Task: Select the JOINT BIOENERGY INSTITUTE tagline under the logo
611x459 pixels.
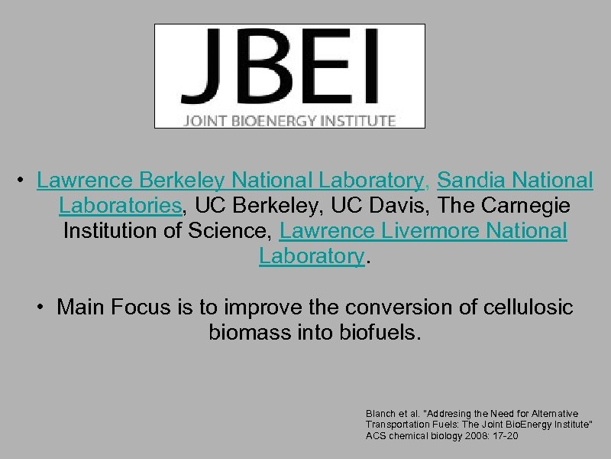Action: pyautogui.click(x=289, y=120)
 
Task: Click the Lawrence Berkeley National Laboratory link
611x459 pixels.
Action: pyautogui.click(x=230, y=181)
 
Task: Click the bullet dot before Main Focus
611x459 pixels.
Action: pyautogui.click(x=41, y=308)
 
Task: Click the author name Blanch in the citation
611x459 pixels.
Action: pyautogui.click(x=379, y=413)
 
